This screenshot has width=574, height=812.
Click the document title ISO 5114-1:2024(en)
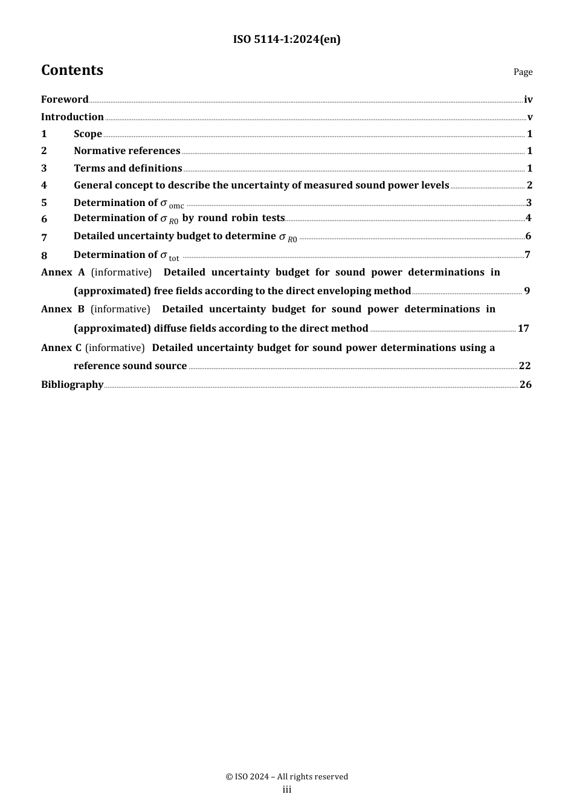pyautogui.click(x=286, y=40)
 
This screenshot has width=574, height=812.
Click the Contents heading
pyautogui.click(x=72, y=71)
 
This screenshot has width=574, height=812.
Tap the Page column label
pyautogui.click(x=523, y=72)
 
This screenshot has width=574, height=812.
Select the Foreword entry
pyautogui.click(x=65, y=100)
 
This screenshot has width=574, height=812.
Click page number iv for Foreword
pyautogui.click(x=528, y=100)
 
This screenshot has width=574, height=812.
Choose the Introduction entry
pyautogui.click(x=73, y=117)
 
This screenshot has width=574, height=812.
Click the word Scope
pyautogui.click(x=88, y=134)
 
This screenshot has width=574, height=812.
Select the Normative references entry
pyautogui.click(x=127, y=151)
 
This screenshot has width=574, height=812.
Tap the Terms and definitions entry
pyautogui.click(x=127, y=169)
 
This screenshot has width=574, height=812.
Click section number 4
pyautogui.click(x=44, y=185)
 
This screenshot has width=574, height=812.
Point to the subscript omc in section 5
pyautogui.click(x=176, y=206)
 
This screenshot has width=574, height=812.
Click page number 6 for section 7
pyautogui.click(x=528, y=236)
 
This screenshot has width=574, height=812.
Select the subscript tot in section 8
pyautogui.click(x=174, y=258)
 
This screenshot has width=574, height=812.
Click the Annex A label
pyautogui.click(x=63, y=272)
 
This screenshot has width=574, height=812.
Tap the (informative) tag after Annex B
pyautogui.click(x=120, y=309)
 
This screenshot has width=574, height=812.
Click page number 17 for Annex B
pyautogui.click(x=523, y=329)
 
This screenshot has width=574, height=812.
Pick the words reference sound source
pyautogui.click(x=130, y=366)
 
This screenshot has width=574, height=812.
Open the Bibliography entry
pyautogui.click(x=73, y=385)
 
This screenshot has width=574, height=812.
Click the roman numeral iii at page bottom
pyautogui.click(x=287, y=790)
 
